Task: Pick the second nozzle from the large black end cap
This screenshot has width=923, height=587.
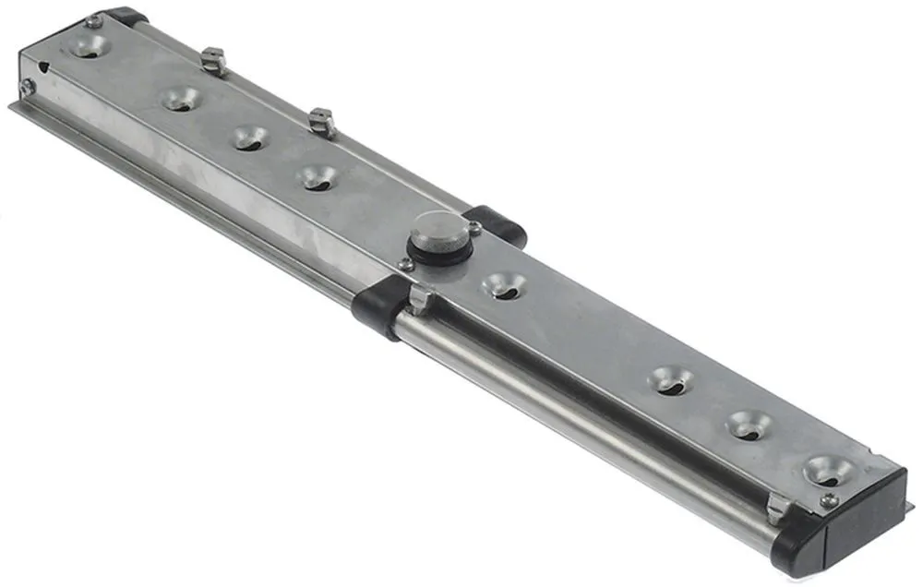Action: click(749, 425)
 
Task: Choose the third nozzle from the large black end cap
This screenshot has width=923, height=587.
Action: click(670, 379)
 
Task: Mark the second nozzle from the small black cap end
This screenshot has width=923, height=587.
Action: click(181, 98)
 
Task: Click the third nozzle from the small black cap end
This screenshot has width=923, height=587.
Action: click(250, 138)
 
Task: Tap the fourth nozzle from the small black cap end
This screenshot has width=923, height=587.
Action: click(318, 176)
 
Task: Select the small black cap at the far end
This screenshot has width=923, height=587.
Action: click(126, 17)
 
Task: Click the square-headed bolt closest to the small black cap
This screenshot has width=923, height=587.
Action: click(213, 61)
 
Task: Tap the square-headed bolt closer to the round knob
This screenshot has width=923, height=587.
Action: click(320, 121)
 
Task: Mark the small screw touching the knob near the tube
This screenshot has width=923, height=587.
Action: click(406, 265)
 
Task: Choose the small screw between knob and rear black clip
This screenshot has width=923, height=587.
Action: click(474, 226)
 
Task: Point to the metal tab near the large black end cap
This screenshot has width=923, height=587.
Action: click(778, 507)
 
